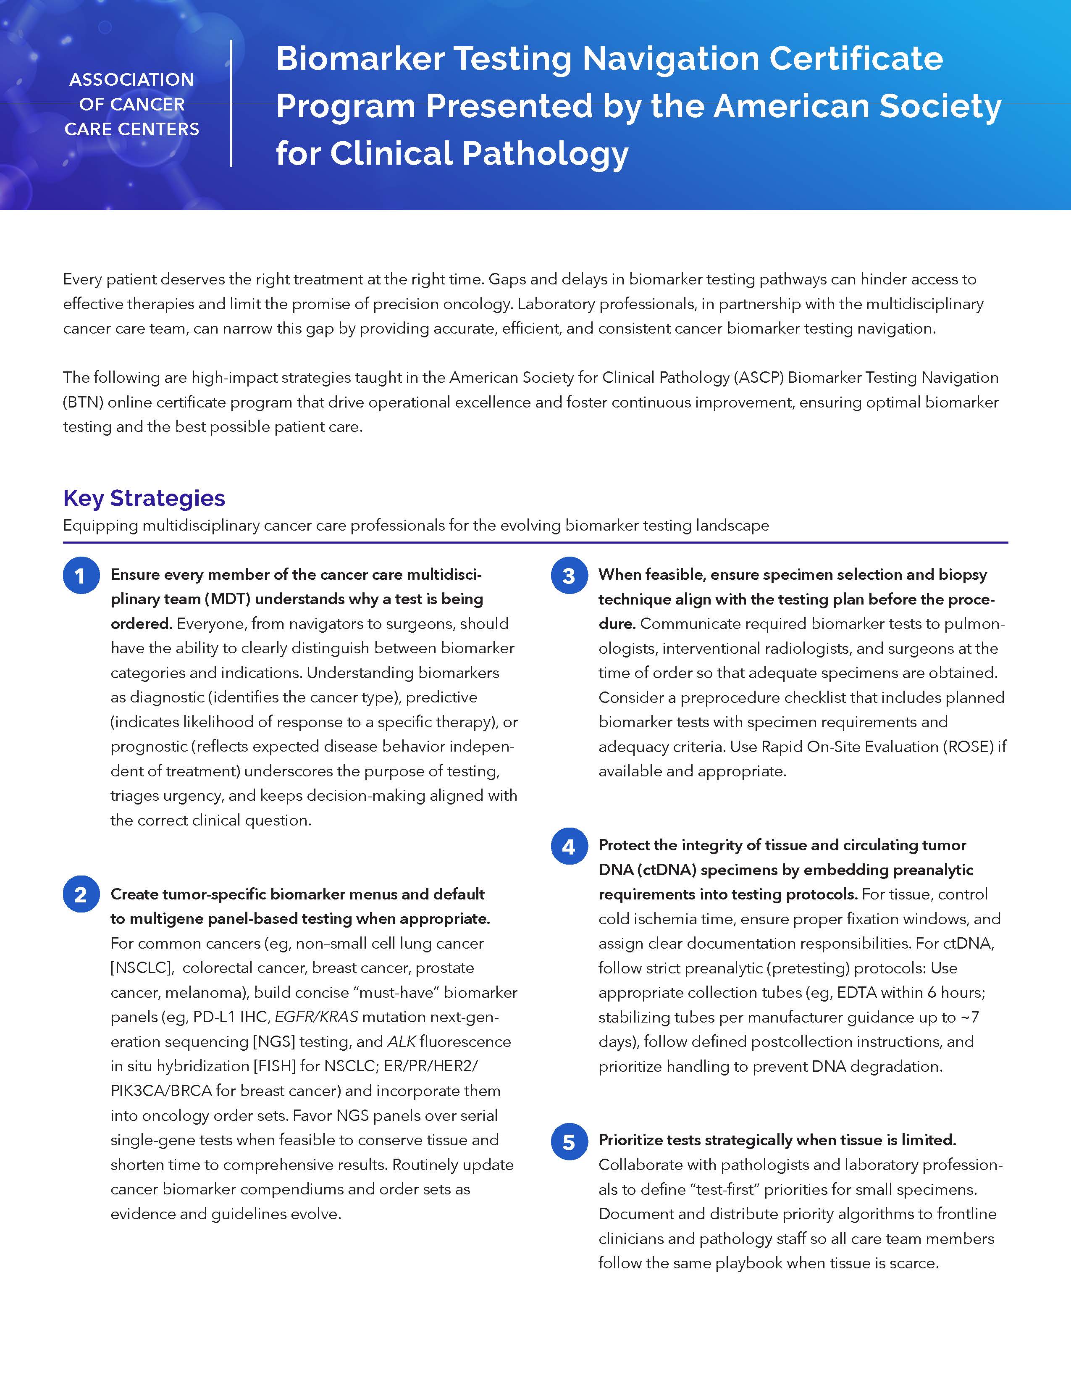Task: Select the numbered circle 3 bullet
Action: coord(569,575)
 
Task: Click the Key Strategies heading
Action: coord(144,498)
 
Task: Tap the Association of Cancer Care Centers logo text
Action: coord(132,105)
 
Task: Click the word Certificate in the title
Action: coord(856,58)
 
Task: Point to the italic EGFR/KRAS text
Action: coord(316,1017)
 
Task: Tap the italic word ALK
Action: coord(401,1041)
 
